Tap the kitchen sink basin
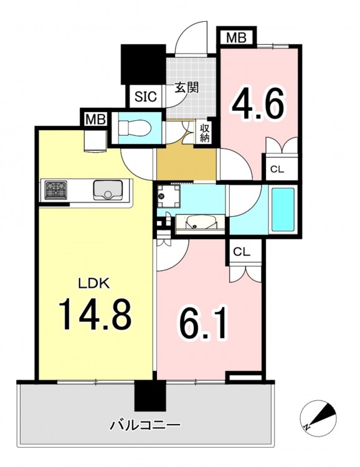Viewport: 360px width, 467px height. click(108, 190)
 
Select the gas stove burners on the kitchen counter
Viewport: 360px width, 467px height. click(56, 190)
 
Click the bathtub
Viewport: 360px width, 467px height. click(283, 210)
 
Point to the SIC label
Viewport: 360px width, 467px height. click(145, 96)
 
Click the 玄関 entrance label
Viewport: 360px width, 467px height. click(186, 88)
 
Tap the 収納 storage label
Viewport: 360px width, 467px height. click(204, 133)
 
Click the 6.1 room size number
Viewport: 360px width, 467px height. click(204, 323)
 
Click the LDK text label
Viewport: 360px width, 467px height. click(94, 283)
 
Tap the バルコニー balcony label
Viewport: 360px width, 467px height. click(145, 425)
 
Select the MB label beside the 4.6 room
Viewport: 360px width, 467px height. click(236, 38)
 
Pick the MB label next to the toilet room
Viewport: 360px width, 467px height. click(96, 120)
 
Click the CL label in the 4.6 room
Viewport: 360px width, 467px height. click(277, 169)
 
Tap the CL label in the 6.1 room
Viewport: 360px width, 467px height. click(242, 252)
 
